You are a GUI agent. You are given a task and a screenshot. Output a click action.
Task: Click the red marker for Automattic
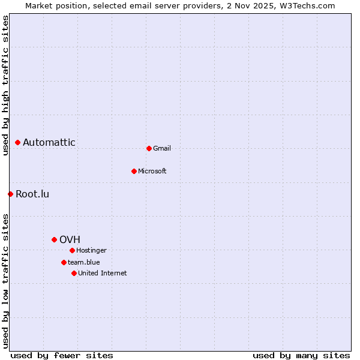18,143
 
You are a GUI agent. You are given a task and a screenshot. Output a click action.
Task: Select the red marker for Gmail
149,148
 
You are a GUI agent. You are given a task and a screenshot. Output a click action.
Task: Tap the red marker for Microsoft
134,171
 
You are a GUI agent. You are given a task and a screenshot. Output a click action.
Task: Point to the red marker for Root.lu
10,194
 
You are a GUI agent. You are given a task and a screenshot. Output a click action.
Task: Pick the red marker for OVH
54,239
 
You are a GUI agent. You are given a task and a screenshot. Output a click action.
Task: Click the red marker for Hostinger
72,250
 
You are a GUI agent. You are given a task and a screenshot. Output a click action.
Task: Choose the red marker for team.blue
64,262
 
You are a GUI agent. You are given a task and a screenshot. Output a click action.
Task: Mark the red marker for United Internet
74,273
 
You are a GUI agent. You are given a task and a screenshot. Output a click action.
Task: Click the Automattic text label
49,143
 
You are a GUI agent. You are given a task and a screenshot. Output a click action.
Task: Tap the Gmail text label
162,148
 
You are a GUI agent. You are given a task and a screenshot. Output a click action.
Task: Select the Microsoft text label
152,171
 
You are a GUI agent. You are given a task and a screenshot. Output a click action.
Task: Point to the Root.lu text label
32,194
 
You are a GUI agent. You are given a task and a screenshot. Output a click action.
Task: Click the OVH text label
70,239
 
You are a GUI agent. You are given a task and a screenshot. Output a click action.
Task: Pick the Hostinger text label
91,250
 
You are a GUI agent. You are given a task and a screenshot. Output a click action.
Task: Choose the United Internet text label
102,273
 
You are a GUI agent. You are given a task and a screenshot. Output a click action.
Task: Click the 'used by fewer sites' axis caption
62,355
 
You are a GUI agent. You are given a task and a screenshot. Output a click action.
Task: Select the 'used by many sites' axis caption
301,355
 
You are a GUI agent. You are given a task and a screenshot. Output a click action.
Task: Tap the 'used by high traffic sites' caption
5,85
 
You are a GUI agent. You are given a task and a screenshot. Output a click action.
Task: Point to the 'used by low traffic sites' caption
5,280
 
